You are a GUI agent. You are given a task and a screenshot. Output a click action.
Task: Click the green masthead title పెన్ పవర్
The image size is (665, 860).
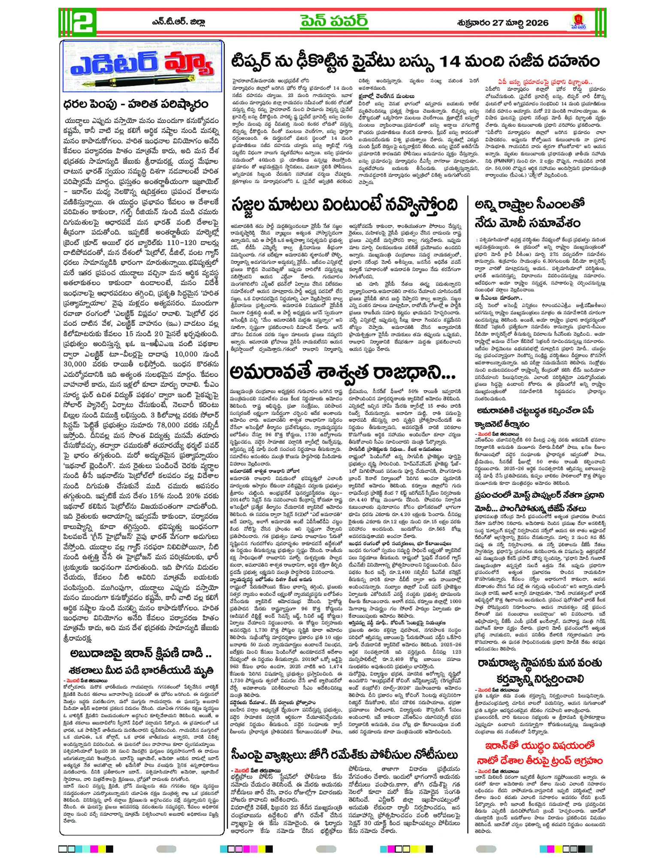[x=340, y=22]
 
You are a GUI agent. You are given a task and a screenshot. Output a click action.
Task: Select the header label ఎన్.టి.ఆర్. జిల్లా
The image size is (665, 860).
[x=185, y=23]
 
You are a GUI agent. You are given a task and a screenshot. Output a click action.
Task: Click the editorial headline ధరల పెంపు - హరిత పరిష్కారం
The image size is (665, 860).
[x=136, y=104]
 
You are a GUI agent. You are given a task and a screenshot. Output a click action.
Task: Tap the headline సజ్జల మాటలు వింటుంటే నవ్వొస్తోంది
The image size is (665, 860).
[x=344, y=205]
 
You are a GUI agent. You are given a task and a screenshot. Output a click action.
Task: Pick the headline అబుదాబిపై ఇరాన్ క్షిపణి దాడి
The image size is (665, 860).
[x=141, y=654]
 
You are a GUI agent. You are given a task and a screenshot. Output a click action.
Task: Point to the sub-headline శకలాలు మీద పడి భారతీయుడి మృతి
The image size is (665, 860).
[x=141, y=670]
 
